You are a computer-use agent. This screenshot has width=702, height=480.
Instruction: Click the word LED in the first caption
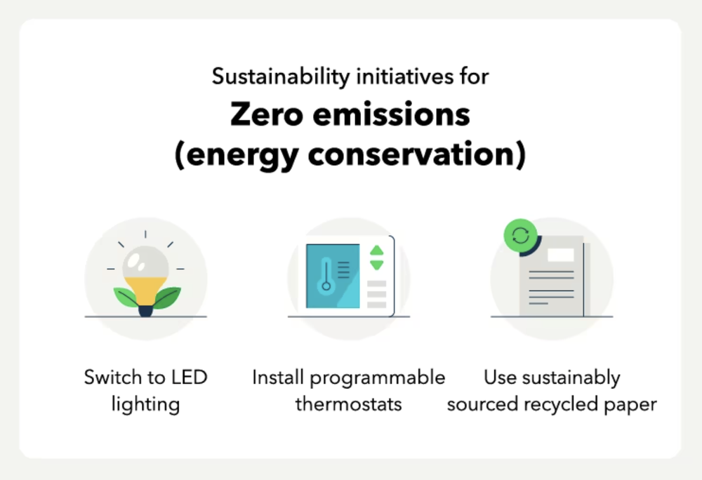189,378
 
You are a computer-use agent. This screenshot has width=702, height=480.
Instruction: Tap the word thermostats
348,404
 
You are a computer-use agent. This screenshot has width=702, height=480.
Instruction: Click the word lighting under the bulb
145,404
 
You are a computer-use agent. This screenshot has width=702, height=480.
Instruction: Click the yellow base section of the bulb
145,288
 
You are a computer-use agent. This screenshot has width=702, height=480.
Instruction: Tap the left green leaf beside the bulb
126,298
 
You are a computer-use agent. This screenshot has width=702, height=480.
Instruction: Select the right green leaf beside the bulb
166,298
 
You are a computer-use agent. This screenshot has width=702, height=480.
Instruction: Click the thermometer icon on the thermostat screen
325,274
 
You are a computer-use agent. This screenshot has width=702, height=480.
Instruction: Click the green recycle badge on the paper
520,236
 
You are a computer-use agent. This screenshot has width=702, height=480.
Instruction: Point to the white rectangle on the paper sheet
560,255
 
